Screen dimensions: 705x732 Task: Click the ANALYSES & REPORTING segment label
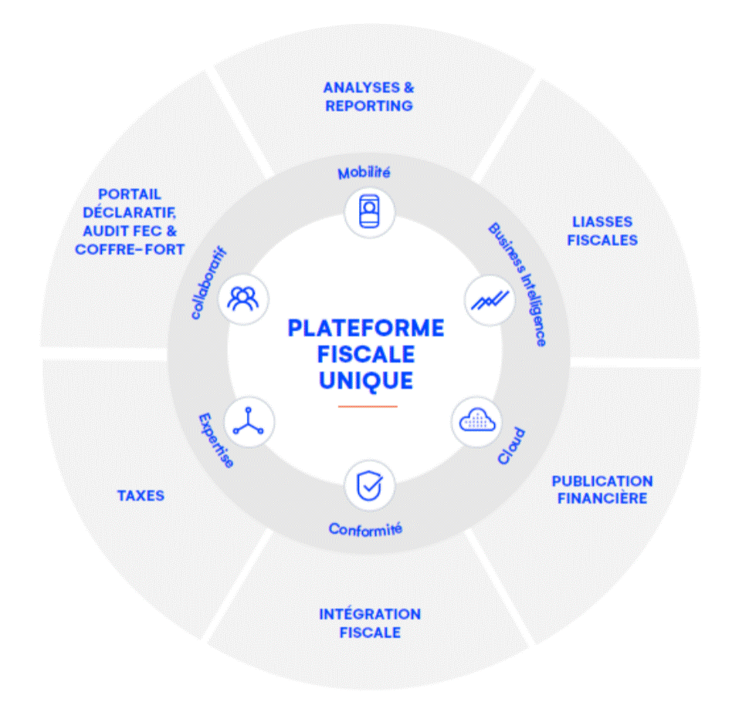click(368, 96)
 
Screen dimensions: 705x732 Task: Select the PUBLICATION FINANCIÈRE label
click(602, 489)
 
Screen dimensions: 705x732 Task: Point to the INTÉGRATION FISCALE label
click(370, 623)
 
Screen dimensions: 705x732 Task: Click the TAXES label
click(141, 495)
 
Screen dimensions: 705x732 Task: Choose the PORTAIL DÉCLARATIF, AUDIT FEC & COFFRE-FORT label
click(130, 222)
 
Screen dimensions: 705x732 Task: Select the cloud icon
click(476, 420)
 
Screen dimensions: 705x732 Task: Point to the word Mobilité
click(364, 172)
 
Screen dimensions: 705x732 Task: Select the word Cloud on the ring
click(512, 446)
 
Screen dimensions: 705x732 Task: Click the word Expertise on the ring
click(215, 440)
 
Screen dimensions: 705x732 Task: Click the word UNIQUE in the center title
click(366, 379)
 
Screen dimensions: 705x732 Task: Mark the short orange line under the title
click(368, 406)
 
